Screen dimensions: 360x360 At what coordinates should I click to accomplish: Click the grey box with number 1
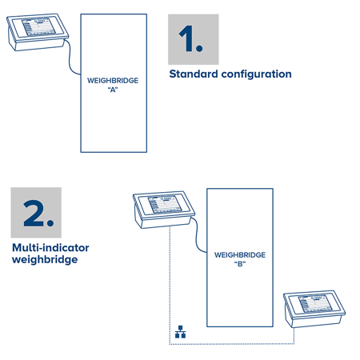click(193, 38)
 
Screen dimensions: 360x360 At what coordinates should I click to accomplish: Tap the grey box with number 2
click(36, 213)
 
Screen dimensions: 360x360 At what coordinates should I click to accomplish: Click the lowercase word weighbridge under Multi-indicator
click(45, 260)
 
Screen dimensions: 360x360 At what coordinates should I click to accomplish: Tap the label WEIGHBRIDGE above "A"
click(113, 81)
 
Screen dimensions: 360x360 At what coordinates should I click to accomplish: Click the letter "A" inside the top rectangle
click(113, 90)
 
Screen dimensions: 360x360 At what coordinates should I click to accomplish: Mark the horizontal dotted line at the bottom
click(232, 345)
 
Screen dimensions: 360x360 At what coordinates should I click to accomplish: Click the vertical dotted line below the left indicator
click(169, 280)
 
